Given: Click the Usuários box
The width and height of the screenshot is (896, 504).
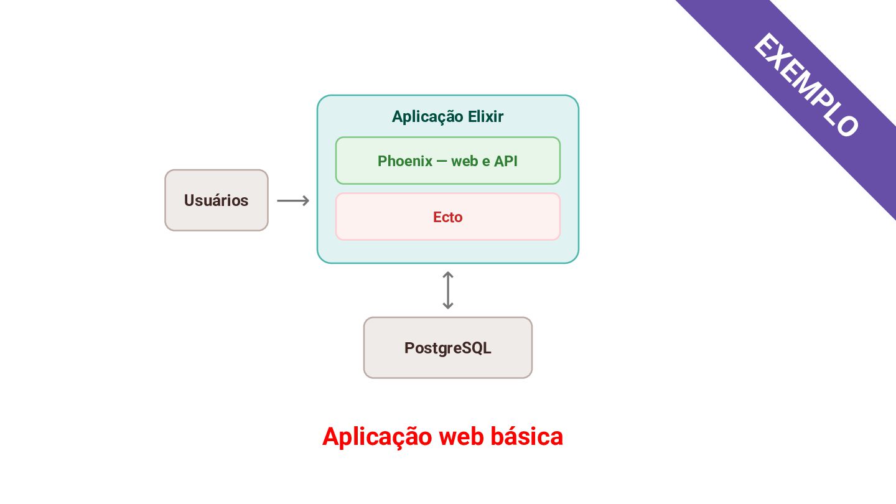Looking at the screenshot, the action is pos(217,200).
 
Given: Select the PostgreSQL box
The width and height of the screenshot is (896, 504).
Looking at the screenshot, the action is pos(448,348).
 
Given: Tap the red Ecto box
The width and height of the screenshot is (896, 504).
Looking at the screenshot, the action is pos(448,217).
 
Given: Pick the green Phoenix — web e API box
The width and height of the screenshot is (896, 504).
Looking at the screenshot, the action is pos(448,161).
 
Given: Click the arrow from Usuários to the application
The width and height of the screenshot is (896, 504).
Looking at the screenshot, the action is pos(293,200).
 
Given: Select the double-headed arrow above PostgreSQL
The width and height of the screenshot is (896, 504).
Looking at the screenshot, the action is pos(448,291).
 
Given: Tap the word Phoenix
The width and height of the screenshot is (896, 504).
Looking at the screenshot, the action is pos(405,161).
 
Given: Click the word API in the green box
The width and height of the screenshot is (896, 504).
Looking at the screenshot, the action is pos(506,161).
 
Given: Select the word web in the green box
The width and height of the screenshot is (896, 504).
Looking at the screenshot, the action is pos(465,161).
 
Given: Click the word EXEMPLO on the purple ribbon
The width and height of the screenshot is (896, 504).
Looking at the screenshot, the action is pos(806,85).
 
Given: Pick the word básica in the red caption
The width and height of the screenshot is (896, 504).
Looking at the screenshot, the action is pos(527,436).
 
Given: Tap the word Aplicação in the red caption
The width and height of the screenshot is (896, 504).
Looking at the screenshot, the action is pos(377,437).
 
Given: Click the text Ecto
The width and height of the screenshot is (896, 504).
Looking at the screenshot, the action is pos(448,217).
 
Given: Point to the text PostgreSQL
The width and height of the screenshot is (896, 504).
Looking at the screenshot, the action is pos(448,348).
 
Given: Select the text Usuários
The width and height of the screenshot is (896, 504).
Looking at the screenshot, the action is pos(217,200).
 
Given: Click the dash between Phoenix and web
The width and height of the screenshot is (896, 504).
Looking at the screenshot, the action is pos(442,161).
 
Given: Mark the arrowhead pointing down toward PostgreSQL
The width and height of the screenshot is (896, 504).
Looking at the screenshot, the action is pos(448,306).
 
